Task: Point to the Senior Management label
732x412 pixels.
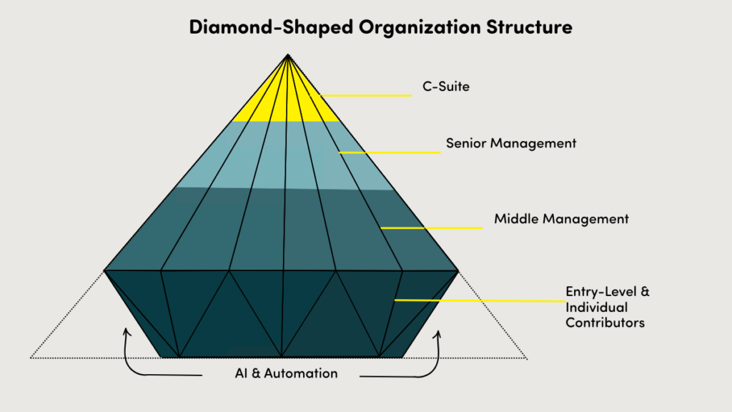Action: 510,143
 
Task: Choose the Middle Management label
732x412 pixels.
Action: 561,219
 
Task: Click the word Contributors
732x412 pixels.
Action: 605,323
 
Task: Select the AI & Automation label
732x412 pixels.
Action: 286,373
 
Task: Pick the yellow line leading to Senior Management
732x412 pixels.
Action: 390,152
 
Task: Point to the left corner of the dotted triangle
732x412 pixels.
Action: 31,356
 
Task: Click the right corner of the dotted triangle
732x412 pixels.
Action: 528,358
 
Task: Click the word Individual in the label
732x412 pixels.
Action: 596,308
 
